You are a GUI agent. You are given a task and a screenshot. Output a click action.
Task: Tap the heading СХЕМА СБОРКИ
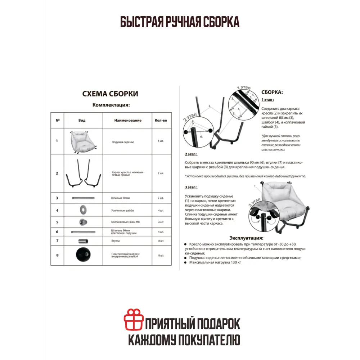click(110, 94)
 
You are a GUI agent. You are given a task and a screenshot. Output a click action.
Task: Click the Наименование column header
click(128, 121)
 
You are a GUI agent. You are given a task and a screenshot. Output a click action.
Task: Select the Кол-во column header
click(161, 121)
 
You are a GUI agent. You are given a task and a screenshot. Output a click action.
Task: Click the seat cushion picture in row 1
click(83, 141)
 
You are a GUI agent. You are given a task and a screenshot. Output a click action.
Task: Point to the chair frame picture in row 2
click(83, 173)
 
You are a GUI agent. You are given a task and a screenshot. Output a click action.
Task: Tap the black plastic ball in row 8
click(83, 255)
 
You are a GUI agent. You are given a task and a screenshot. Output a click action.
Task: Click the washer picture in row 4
click(83, 210)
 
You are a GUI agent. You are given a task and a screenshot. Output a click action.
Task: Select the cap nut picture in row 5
click(83, 221)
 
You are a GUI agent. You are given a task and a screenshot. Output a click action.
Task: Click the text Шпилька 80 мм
click(121, 198)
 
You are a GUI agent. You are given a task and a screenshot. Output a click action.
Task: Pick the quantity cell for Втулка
click(161, 240)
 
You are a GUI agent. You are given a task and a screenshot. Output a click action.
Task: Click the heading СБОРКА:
click(272, 92)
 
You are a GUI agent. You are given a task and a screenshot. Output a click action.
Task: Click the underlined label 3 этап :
click(191, 187)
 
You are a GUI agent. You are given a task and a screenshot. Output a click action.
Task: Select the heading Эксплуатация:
click(246, 238)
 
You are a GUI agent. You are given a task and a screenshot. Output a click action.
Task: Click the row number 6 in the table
click(57, 232)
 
